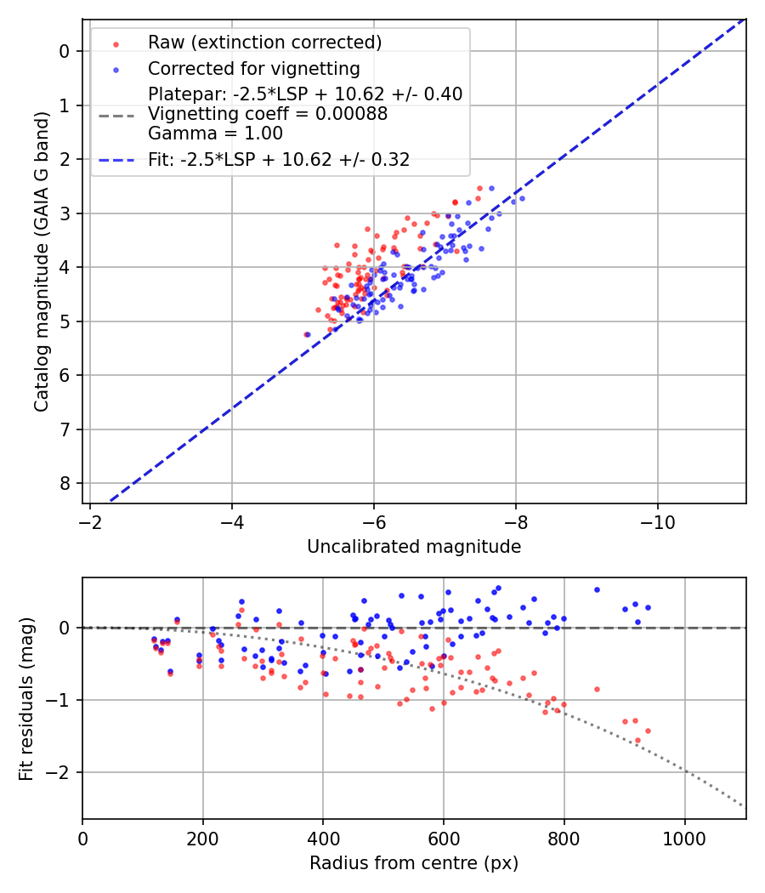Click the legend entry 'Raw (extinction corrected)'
point(264,43)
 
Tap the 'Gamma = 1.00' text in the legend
point(215,134)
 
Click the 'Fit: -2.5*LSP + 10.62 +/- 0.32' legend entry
point(279,160)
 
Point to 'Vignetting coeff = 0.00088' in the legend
point(268,114)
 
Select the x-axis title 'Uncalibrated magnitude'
point(414,547)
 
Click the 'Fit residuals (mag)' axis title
point(25,698)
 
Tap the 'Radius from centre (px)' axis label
point(414,863)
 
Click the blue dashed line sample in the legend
point(115,160)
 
